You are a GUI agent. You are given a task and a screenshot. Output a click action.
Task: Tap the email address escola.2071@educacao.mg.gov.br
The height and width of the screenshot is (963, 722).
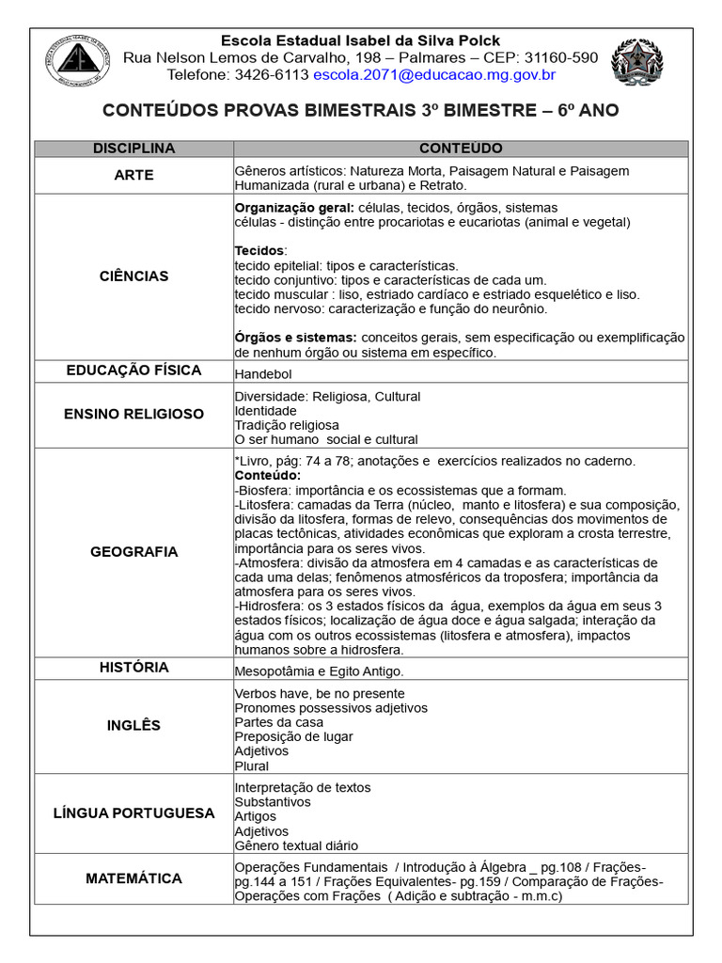434,74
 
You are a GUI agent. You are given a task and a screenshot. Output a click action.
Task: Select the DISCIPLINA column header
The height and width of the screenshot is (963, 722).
134,149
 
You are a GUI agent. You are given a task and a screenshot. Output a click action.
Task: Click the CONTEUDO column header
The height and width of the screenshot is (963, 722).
461,149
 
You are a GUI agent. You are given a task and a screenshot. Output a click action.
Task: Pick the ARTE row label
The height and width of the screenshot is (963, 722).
134,176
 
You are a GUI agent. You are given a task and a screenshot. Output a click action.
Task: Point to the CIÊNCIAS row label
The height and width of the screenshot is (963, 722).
134,276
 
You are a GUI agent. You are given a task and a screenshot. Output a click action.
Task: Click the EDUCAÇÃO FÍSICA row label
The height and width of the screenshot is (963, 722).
134,371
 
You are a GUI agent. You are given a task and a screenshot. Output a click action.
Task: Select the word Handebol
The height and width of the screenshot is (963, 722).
263,374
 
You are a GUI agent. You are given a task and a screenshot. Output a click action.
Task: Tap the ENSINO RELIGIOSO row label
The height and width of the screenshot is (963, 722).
134,414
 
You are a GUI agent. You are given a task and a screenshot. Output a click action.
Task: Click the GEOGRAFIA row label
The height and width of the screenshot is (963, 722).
134,552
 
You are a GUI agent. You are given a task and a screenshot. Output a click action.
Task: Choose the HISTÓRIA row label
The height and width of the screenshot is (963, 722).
134,668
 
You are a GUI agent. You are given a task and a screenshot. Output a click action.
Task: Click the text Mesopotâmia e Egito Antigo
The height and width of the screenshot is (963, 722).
319,671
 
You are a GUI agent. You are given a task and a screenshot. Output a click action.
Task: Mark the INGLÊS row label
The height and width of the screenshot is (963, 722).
134,725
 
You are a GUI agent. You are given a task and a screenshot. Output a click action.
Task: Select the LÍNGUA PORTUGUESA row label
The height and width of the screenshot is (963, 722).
134,813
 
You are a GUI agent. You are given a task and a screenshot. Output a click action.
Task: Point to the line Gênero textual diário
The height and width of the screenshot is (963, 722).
296,845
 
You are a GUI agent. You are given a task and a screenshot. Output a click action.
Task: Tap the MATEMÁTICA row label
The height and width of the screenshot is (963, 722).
134,878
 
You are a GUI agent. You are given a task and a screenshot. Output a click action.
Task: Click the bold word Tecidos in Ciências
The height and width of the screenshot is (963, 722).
258,251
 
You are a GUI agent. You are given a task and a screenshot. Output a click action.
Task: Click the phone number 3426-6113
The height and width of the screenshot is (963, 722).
272,74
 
